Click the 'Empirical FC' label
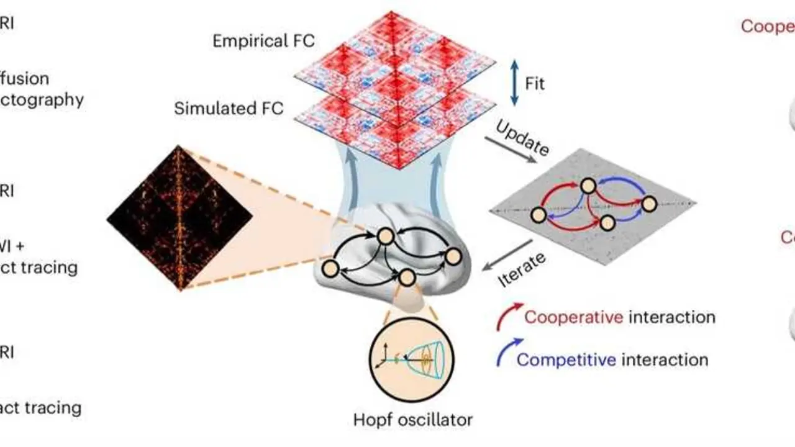click(263, 41)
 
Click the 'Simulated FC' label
click(229, 108)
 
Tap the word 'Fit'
click(535, 83)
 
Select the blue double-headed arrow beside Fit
click(514, 83)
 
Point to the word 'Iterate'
click(522, 271)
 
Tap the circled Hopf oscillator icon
click(412, 358)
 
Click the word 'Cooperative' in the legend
click(573, 317)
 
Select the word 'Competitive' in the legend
click(566, 359)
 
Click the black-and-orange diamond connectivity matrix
click(179, 217)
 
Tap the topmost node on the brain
click(385, 236)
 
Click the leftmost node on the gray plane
click(538, 215)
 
